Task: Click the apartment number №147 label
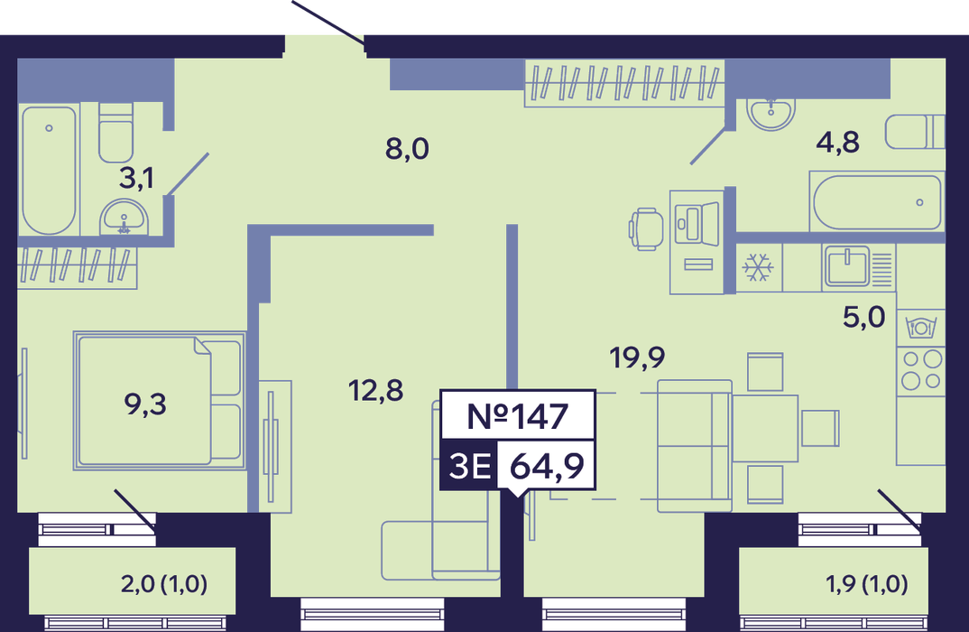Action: (517, 416)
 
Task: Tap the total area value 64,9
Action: (547, 466)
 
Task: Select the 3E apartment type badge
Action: (470, 466)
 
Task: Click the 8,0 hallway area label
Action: (407, 149)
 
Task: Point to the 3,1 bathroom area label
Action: (136, 178)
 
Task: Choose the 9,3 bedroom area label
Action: (145, 404)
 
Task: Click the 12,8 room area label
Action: (375, 391)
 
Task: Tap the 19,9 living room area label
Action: (637, 358)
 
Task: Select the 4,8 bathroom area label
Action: (837, 143)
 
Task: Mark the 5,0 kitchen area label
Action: (864, 317)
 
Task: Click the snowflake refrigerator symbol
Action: (758, 267)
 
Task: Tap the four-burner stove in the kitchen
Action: (921, 370)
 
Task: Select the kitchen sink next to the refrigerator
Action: (848, 266)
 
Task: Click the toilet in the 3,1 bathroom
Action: (115, 133)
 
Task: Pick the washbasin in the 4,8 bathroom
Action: (771, 113)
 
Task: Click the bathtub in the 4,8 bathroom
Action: (877, 202)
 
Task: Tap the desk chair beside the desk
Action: (646, 228)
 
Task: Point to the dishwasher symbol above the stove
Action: (921, 327)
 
